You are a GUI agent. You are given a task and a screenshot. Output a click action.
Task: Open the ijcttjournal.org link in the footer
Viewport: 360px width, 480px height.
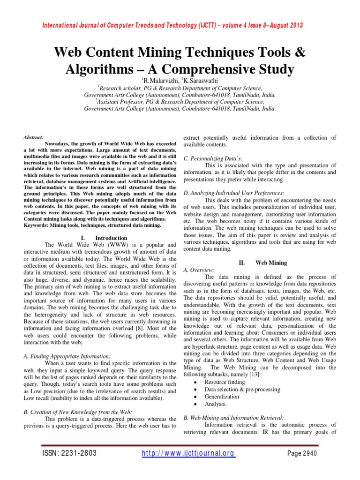pyautogui.click(x=188, y=453)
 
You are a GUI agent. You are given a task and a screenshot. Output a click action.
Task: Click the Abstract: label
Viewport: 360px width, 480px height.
pyautogui.click(x=34, y=138)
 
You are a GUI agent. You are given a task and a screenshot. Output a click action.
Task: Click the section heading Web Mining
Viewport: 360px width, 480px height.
pyautogui.click(x=271, y=263)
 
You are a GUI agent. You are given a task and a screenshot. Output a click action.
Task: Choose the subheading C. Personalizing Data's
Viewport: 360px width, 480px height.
pyautogui.click(x=212, y=158)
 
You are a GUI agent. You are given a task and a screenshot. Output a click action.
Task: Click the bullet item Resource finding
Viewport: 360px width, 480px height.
pyautogui.click(x=225, y=382)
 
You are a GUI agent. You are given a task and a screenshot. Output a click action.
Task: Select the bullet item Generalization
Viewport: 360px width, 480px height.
pyautogui.click(x=222, y=397)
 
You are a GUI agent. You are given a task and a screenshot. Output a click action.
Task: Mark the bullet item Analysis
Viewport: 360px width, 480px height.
pyautogui.click(x=215, y=404)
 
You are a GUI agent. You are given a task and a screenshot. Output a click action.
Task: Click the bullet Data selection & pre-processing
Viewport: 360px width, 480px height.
pyautogui.click(x=242, y=390)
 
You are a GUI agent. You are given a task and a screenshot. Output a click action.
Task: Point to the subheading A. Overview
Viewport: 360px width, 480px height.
pyautogui.click(x=199, y=270)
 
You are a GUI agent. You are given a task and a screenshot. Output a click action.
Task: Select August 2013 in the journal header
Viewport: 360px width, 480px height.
pyautogui.click(x=285, y=25)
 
